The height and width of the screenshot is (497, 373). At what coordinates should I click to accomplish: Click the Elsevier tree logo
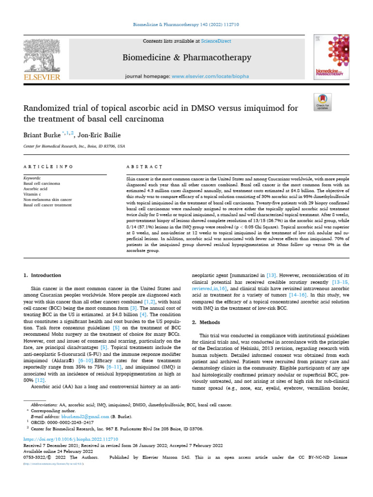pos(41,55)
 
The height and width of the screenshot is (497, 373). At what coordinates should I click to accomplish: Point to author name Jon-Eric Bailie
pos(103,134)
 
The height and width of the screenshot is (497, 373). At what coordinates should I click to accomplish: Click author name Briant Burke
pos(41,134)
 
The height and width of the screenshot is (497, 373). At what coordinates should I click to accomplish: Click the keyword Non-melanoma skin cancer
pos(48,199)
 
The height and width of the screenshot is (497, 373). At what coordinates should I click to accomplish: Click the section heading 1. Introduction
pos(43,275)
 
